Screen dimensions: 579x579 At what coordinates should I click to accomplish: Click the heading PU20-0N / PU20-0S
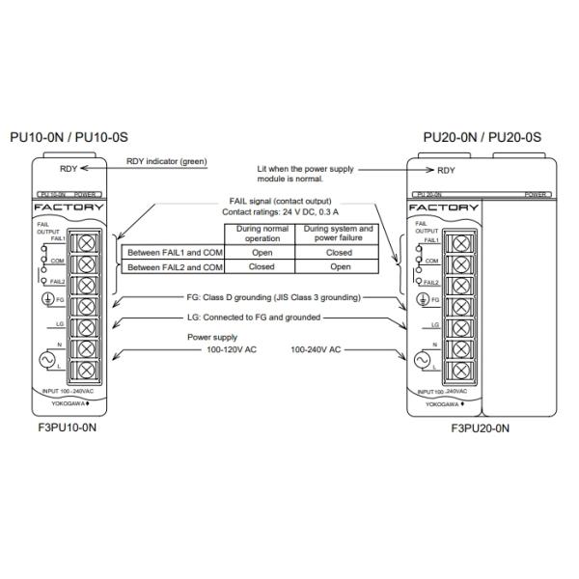[482, 138]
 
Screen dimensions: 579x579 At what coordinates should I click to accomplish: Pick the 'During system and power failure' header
[332, 234]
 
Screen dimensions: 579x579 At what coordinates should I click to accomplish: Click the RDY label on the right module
[446, 171]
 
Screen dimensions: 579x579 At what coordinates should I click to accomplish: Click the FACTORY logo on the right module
[445, 207]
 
